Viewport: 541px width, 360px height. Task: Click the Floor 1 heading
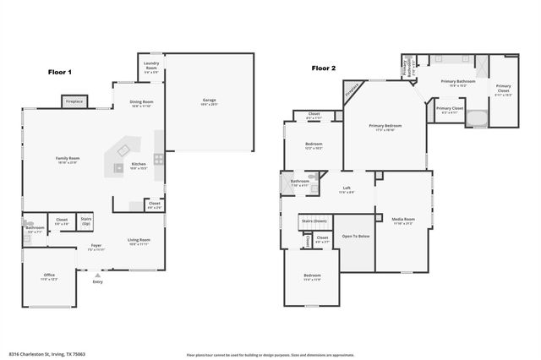[x=59, y=73]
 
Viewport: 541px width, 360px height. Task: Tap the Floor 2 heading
[x=323, y=68]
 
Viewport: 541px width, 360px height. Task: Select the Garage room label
[x=209, y=101]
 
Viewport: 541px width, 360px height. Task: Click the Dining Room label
[x=140, y=102]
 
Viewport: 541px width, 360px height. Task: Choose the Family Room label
[x=68, y=159]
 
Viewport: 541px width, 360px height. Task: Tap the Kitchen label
[x=139, y=164]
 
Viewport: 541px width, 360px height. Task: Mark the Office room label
[x=49, y=275]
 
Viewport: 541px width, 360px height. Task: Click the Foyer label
[x=96, y=246]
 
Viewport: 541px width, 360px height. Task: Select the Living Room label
[x=139, y=240]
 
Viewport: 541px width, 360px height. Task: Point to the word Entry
[x=98, y=281]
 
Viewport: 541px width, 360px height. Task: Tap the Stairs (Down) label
[x=312, y=221]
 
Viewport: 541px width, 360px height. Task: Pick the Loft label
[x=347, y=188]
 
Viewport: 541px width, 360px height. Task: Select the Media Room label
[x=403, y=220]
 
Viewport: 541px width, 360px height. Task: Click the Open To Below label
[x=356, y=236]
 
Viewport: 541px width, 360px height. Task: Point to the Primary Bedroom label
[x=385, y=126]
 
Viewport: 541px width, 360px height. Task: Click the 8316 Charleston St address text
[x=47, y=354]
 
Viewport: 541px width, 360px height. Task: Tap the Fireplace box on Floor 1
[x=74, y=101]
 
